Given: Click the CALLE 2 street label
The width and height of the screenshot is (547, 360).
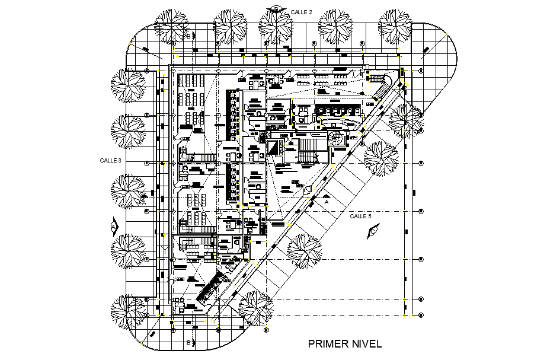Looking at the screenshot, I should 301,12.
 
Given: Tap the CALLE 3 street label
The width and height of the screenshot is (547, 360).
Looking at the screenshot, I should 110,161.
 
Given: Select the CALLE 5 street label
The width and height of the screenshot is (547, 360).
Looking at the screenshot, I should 360,216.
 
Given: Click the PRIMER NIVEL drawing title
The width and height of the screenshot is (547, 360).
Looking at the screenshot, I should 344,343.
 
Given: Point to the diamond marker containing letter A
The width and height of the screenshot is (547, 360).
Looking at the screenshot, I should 114,225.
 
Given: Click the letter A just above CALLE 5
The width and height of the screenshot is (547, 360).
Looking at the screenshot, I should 326,202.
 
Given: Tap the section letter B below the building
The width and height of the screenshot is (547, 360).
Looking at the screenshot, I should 188,342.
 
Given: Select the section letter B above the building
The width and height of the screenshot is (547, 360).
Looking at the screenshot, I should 188,36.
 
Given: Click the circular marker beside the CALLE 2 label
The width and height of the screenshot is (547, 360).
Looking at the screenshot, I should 276,8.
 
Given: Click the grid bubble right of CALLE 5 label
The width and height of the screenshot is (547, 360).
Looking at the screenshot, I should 421,211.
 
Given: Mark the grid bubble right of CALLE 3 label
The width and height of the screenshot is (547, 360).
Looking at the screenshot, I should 147,161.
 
